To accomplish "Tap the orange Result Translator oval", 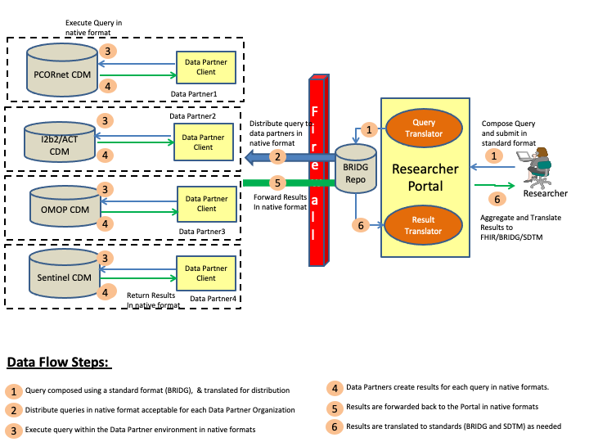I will click(x=423, y=225).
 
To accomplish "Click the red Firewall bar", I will click(x=317, y=171).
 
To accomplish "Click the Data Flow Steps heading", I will click(x=57, y=363).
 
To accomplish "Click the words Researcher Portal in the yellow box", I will click(x=425, y=177).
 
